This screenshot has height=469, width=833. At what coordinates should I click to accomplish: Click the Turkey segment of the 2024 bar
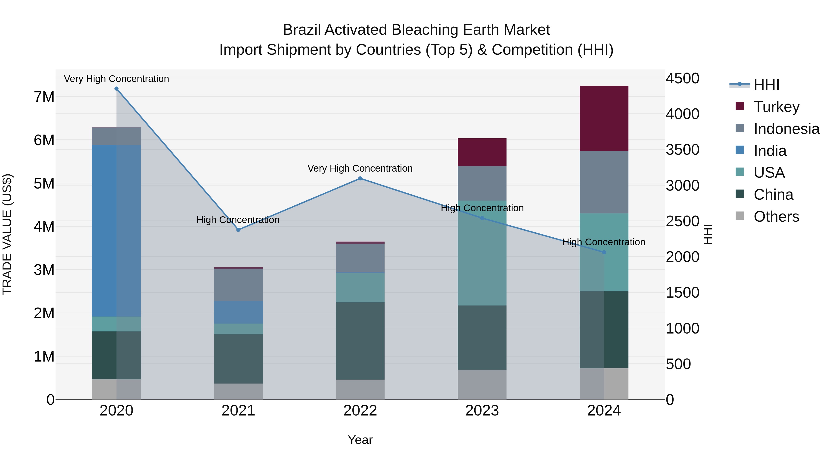604,118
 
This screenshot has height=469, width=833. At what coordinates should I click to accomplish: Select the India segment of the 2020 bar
116,230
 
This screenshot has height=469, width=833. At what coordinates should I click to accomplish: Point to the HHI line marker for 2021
238,230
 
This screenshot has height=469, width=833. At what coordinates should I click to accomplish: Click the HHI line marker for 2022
360,178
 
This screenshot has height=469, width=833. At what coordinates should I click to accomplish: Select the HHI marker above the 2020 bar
116,89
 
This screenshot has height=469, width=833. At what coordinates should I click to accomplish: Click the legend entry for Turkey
776,107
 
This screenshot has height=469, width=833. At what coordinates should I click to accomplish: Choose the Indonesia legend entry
786,129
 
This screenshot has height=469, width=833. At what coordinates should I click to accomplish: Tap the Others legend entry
776,217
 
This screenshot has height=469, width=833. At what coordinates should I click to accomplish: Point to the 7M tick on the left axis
44,97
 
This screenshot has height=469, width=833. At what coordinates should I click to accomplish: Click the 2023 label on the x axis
482,411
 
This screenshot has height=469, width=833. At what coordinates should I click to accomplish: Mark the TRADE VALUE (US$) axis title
7,234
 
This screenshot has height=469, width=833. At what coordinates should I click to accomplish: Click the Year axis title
360,440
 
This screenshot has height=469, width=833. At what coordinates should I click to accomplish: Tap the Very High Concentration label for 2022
360,168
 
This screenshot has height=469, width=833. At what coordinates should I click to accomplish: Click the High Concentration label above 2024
603,242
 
